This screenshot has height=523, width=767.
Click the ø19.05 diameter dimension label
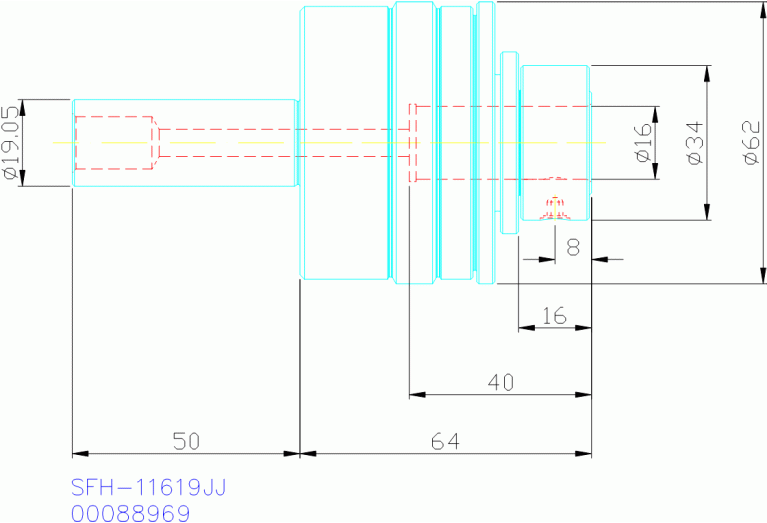[12, 142]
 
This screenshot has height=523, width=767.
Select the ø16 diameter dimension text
[642, 143]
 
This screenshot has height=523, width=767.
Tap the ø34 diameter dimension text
[694, 143]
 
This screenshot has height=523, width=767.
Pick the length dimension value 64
[445, 440]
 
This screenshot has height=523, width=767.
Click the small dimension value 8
[573, 246]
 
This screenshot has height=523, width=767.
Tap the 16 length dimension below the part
[554, 316]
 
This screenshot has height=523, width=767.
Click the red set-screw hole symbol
[555, 205]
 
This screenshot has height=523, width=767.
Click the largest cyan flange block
[345, 143]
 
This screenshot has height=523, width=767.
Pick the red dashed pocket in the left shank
[116, 143]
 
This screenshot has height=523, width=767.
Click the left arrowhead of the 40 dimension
[417, 395]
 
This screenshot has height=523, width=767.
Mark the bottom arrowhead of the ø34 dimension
[707, 212]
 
